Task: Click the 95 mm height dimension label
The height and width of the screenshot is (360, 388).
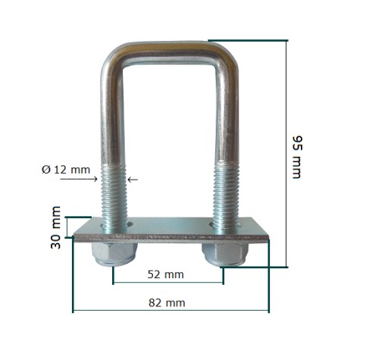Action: click(297, 158)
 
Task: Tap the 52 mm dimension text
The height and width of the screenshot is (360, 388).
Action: click(166, 274)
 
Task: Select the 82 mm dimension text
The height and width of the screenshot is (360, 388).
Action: click(167, 302)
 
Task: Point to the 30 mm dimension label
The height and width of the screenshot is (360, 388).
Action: click(55, 227)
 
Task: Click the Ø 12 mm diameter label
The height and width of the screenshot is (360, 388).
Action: click(66, 170)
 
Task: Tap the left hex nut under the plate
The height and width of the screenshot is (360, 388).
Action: click(114, 253)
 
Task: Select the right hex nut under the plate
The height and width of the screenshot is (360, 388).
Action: click(225, 253)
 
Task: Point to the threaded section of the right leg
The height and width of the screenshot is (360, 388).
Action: click(226, 195)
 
